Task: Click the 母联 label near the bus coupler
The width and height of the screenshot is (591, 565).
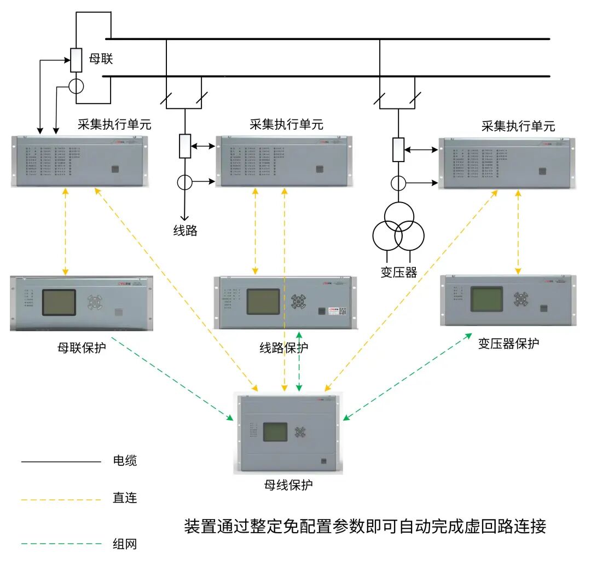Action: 101,59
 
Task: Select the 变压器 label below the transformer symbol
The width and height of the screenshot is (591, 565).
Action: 399,272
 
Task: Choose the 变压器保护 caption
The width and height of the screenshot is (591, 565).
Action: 508,343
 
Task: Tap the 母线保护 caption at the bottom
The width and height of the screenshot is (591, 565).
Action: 288,485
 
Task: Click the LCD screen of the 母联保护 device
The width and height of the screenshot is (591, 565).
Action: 59,303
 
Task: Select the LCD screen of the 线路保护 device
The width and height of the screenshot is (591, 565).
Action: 263,301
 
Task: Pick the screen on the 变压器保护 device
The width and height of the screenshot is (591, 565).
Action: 488,299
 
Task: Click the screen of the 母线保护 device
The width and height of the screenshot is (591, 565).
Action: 275,431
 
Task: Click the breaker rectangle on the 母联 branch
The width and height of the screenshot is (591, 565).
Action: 77,60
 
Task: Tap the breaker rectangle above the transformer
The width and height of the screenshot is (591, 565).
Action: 398,150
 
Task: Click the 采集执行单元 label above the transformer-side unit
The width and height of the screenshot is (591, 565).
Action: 518,127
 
